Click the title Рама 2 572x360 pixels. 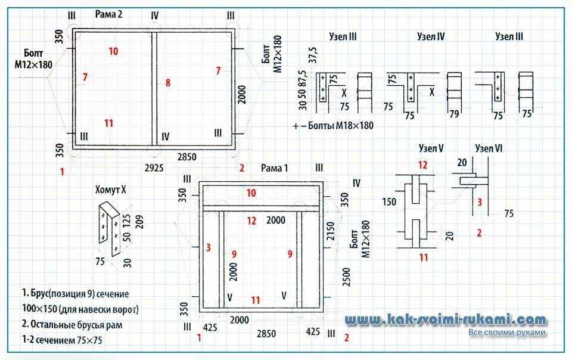coord(108,14)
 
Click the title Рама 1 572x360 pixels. coord(274,167)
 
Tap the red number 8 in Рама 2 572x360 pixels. coord(168,83)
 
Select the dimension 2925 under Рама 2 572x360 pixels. coord(154,167)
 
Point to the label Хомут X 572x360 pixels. coord(111,190)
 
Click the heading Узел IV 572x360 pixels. coord(431,36)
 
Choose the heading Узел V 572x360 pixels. coord(431,148)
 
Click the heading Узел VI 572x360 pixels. coord(489,148)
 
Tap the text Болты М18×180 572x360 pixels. coord(341,126)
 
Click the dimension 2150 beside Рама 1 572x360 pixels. coord(331,231)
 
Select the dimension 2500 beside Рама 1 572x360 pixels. coord(346,277)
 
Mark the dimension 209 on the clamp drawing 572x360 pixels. coord(139,222)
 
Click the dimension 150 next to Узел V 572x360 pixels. coord(389,201)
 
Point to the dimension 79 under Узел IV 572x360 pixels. coord(454,114)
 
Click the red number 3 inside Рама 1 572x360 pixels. coord(209,248)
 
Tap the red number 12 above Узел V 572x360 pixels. coord(422,165)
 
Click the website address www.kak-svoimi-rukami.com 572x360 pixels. coord(446,320)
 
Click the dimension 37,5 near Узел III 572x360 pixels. coord(313,55)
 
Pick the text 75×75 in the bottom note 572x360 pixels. coord(89,340)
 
